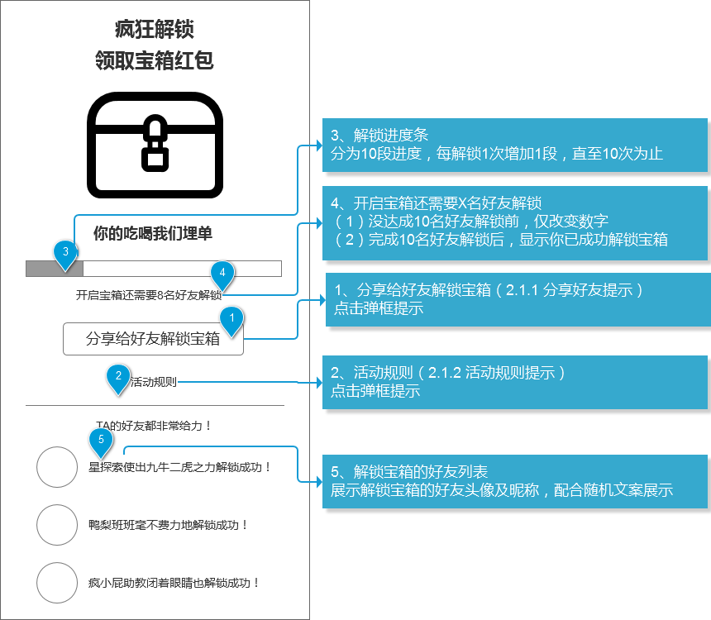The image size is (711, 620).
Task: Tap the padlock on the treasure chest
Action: [x=155, y=143]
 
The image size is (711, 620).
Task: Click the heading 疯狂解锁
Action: [x=154, y=30]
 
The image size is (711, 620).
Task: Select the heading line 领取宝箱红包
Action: [x=154, y=60]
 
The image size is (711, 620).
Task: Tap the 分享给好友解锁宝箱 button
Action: [x=153, y=339]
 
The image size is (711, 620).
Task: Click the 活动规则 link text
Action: [x=153, y=382]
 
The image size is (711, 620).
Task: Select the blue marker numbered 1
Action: [x=231, y=321]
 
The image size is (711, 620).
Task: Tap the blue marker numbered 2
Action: [x=118, y=379]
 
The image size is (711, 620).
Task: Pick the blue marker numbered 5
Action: [x=101, y=442]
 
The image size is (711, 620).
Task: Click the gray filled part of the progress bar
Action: [x=55, y=269]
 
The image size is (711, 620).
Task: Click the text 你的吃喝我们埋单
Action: [x=153, y=233]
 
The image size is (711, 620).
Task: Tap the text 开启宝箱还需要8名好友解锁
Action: [x=149, y=295]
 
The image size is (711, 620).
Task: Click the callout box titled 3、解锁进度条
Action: [x=515, y=145]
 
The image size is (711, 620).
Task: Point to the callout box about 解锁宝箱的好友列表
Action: [x=515, y=482]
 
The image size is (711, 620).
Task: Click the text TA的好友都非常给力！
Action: [x=153, y=426]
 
